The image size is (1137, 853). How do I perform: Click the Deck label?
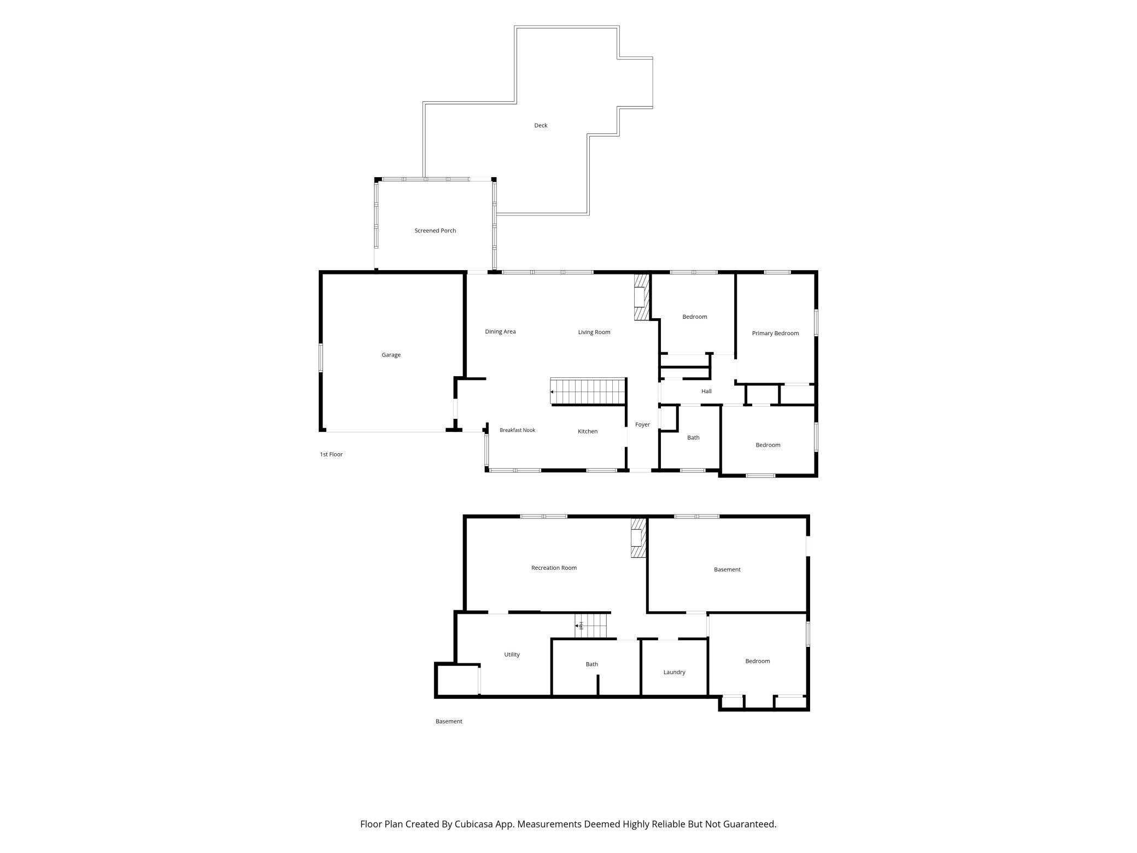(x=541, y=125)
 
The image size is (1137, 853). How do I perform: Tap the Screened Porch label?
(x=435, y=231)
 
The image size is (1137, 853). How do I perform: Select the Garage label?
(x=391, y=355)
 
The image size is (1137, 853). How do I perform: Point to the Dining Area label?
(x=500, y=331)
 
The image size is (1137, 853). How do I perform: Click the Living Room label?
(x=594, y=332)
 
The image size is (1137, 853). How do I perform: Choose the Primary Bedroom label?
(x=775, y=333)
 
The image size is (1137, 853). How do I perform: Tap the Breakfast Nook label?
(x=517, y=430)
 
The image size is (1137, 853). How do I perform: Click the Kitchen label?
(x=588, y=431)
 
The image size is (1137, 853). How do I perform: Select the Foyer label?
(x=642, y=424)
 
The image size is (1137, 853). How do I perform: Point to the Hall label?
(x=706, y=391)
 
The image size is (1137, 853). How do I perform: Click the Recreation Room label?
(x=554, y=568)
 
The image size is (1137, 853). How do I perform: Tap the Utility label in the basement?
(x=512, y=655)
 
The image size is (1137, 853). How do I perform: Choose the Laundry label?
(x=674, y=672)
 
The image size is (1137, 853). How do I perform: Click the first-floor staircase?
(x=588, y=392)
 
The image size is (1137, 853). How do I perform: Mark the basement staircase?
(x=591, y=626)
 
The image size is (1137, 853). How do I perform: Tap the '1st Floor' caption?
(x=331, y=454)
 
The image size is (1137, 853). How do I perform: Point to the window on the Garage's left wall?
(x=321, y=358)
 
